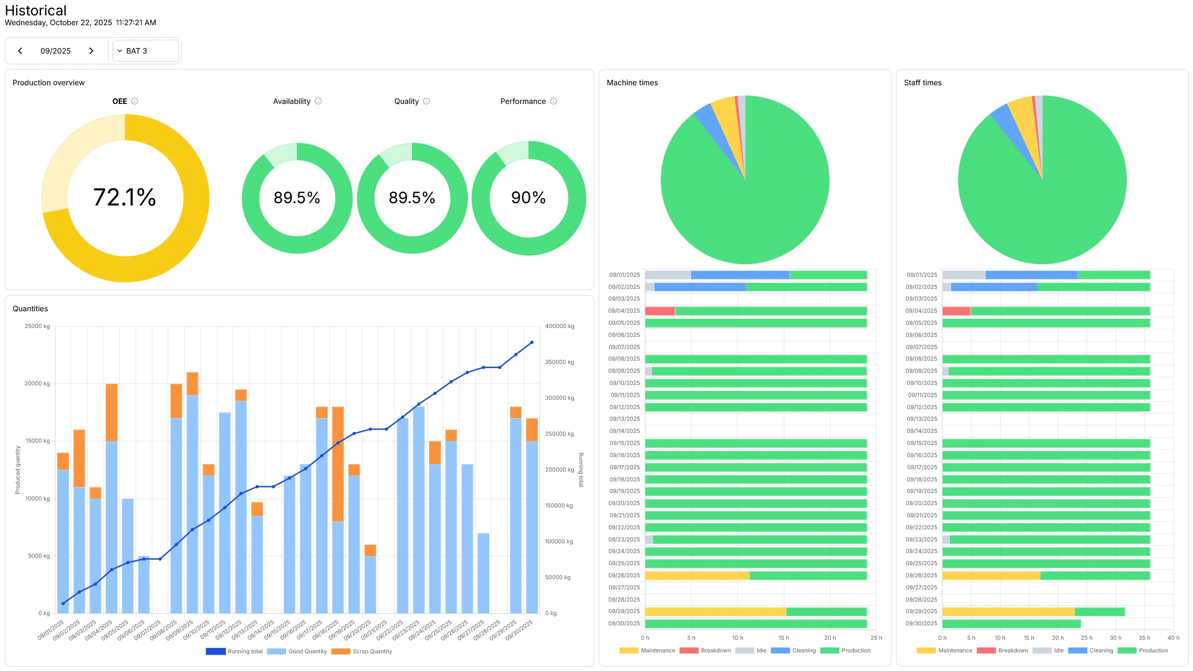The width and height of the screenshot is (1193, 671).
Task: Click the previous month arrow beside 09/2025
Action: (x=20, y=51)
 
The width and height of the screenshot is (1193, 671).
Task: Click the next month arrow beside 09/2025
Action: (x=91, y=51)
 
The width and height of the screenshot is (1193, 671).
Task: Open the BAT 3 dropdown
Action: (x=145, y=51)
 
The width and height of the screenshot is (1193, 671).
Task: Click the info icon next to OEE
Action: (x=135, y=101)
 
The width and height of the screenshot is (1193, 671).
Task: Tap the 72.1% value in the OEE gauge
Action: (x=124, y=198)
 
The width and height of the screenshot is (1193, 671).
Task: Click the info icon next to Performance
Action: (x=554, y=101)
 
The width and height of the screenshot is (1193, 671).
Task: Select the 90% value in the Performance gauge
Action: (x=528, y=198)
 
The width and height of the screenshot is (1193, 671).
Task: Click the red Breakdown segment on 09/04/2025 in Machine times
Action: (x=660, y=311)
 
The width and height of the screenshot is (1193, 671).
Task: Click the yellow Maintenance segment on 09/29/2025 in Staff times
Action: (x=1008, y=611)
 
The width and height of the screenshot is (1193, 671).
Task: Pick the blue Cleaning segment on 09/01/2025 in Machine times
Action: (x=740, y=275)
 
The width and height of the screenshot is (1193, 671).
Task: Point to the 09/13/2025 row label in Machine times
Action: (x=624, y=419)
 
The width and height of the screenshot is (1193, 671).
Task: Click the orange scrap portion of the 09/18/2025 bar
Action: (x=338, y=464)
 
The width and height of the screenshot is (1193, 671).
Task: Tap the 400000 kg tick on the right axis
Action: (x=560, y=326)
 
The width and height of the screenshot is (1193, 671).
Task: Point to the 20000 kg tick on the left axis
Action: (x=37, y=383)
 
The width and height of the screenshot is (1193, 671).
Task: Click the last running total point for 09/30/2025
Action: (x=532, y=342)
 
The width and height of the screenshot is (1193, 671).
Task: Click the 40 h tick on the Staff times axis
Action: (x=1173, y=638)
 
